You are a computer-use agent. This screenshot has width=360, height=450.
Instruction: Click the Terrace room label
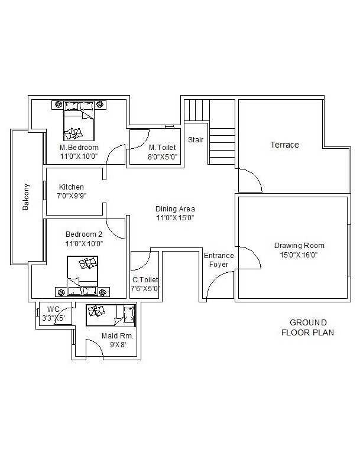coord(284,145)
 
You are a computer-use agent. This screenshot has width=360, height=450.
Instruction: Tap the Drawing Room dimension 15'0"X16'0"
coord(299,255)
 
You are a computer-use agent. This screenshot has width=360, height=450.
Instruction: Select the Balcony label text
coord(25,197)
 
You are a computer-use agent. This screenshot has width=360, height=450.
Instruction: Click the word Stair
coord(196,140)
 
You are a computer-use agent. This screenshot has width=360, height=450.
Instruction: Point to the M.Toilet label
coord(163,148)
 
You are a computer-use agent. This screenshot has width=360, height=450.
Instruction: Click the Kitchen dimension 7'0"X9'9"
coord(72,196)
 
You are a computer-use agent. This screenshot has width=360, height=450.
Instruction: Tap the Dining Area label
coord(175,209)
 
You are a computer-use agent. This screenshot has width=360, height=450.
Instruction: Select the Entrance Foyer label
coord(219,260)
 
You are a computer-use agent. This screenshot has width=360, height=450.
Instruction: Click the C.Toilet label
coord(145,279)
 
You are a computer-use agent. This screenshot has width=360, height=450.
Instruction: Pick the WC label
coord(53,309)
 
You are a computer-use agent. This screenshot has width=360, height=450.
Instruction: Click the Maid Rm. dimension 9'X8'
coord(118,345)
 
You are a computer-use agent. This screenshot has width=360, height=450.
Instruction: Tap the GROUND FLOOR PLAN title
coord(308,327)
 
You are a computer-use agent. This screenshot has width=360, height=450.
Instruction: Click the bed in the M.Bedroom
coord(79,121)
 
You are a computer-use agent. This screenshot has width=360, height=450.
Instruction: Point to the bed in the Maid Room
coord(111,315)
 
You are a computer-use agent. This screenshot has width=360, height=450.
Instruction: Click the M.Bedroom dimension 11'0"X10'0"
coord(79,156)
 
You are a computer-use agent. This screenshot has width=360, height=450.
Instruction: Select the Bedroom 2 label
coord(84,234)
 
